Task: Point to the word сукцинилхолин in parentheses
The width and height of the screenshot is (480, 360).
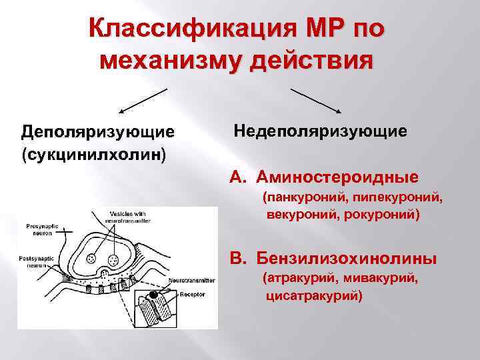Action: point(93,155)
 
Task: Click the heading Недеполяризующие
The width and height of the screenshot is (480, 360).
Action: point(320,130)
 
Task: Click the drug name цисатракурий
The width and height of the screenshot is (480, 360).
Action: point(313,295)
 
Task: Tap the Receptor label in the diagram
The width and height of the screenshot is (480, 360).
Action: point(191,291)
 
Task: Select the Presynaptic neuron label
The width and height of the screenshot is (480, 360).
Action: point(46,230)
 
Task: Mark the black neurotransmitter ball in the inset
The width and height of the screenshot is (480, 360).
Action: point(154,294)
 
